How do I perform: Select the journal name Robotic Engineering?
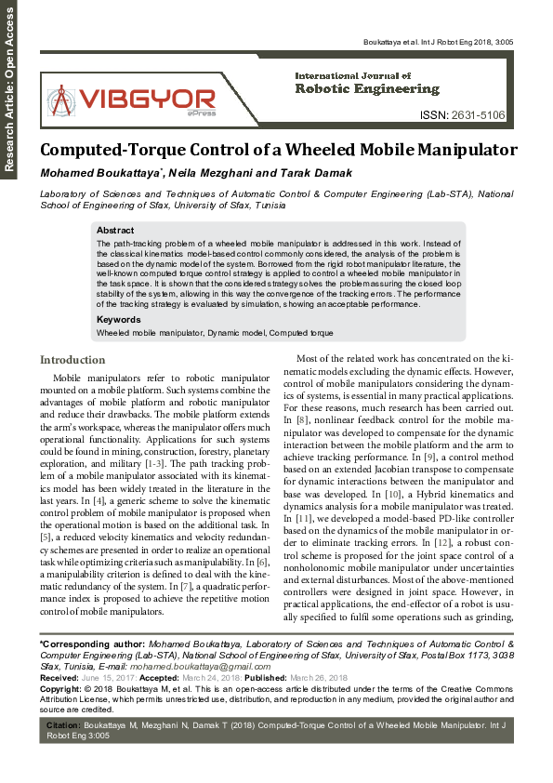coord(366,89)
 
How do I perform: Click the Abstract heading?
coord(115,230)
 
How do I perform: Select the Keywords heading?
coord(120,320)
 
